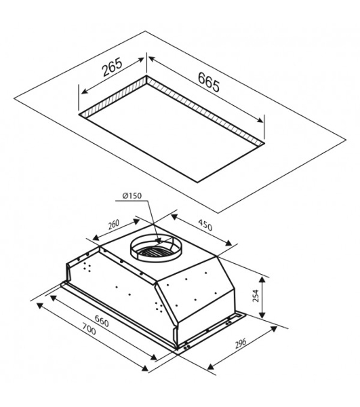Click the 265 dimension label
112,67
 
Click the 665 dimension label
209,82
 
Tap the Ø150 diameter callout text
132,196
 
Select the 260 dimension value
114,225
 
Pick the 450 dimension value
205,225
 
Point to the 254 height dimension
256,296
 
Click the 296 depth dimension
241,344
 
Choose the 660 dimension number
102,320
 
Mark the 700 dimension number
89,328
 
